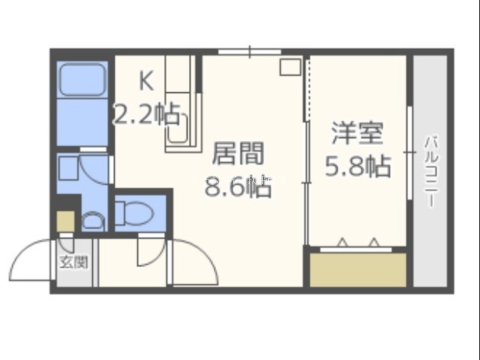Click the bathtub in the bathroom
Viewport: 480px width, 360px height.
click(83, 79)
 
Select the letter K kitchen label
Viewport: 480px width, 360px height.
click(146, 81)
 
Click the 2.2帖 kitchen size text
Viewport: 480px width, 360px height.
click(146, 114)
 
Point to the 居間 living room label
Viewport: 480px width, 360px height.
click(238, 153)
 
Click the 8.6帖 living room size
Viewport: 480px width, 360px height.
click(238, 186)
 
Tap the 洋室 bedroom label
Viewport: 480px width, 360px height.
click(358, 133)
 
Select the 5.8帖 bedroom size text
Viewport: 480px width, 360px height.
click(358, 166)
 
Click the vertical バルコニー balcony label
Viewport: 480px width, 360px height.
click(431, 172)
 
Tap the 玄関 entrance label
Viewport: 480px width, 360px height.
click(74, 263)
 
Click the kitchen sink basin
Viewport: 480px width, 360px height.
click(178, 128)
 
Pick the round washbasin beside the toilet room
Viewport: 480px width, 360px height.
click(93, 221)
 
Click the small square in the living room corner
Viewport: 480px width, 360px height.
click(290, 67)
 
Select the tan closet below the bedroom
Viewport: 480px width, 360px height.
click(358, 269)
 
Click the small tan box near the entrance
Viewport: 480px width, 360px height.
click(66, 221)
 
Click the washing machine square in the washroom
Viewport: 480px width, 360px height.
click(68, 168)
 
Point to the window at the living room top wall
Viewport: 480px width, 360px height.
click(250, 52)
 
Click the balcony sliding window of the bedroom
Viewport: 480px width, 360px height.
click(410, 152)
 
